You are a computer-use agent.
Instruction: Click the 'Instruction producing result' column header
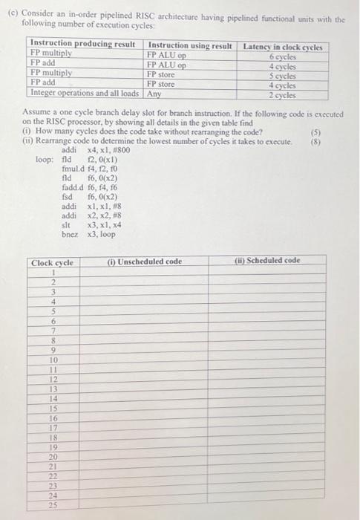point(82,46)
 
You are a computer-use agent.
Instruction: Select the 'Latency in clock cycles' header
point(282,46)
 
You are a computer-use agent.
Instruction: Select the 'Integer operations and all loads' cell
point(84,94)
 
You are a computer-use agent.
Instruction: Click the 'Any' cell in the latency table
point(154,94)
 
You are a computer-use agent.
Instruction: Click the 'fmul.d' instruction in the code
point(73,169)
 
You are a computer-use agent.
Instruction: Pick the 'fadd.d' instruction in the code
point(73,188)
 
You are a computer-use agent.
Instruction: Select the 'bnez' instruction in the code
point(72,234)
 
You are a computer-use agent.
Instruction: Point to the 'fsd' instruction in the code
point(68,197)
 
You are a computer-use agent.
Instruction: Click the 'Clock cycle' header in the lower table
point(52,262)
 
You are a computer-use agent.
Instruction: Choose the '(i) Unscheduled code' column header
point(145,261)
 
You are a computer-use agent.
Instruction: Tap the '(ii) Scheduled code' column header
point(267,261)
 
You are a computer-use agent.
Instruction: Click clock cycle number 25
point(53,506)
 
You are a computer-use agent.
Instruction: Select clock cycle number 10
point(53,360)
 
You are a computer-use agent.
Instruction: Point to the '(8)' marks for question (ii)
point(342,138)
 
